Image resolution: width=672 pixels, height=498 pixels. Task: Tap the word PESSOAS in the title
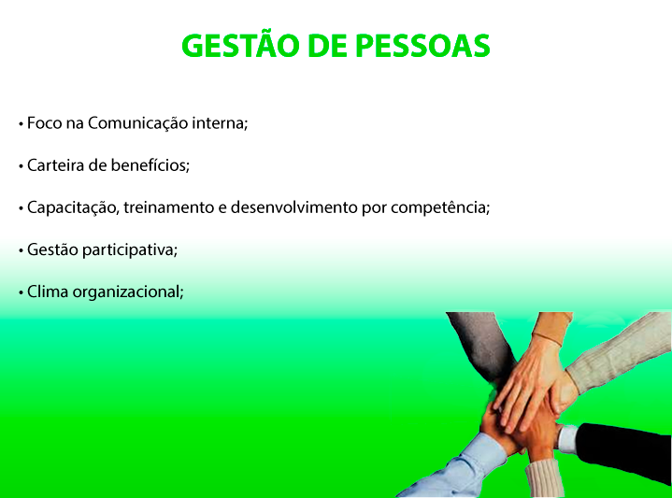click(x=423, y=46)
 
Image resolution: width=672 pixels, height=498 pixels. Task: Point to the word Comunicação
click(x=138, y=124)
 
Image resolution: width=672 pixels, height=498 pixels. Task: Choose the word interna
click(x=219, y=123)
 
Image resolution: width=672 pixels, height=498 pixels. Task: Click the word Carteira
click(x=56, y=165)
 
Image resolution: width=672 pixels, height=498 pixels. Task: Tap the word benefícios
click(x=150, y=165)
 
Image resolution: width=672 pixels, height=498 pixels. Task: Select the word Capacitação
click(x=73, y=207)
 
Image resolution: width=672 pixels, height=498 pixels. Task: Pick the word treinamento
click(x=169, y=207)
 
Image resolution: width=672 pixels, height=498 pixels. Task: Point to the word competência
click(x=440, y=207)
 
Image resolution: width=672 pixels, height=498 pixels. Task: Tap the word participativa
click(x=130, y=249)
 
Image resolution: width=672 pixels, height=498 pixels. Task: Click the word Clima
click(x=48, y=292)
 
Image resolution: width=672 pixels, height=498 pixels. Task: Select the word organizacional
click(x=128, y=292)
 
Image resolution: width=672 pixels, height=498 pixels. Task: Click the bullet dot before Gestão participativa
click(x=21, y=250)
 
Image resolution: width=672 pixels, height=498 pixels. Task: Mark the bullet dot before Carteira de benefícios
click(x=21, y=166)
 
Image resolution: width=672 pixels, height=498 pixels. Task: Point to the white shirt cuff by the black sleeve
click(x=567, y=438)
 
